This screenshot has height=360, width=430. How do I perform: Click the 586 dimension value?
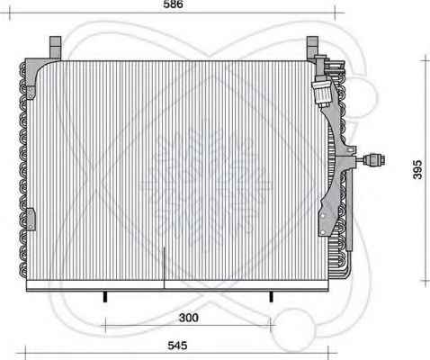[x=173, y=4]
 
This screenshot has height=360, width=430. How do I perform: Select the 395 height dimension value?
[x=417, y=170]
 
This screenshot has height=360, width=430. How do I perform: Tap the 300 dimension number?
[x=189, y=318]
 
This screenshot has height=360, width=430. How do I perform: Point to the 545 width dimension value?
[x=177, y=346]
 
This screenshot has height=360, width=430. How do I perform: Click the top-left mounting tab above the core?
[x=55, y=48]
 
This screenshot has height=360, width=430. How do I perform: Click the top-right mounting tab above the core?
[x=312, y=48]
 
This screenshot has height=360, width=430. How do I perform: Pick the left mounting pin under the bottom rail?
[x=105, y=296]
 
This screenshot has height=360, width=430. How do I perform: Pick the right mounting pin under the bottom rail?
[x=271, y=296]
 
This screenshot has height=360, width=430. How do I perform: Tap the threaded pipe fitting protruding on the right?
[x=374, y=160]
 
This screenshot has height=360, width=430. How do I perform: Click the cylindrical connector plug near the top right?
[x=321, y=93]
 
